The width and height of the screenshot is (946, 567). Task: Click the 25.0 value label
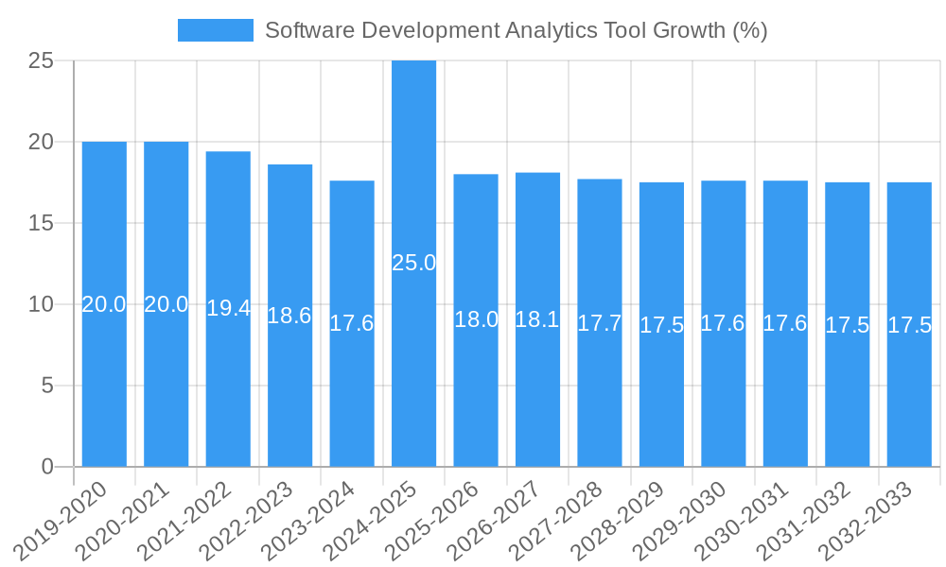(x=413, y=263)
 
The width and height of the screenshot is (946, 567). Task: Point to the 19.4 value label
(x=228, y=308)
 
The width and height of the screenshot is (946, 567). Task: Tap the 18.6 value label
(x=289, y=316)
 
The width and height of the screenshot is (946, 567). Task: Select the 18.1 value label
(x=537, y=319)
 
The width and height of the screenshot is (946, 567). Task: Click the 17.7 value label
(x=600, y=323)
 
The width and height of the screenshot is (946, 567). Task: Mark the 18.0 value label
(x=476, y=319)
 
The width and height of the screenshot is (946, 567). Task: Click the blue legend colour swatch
(x=216, y=30)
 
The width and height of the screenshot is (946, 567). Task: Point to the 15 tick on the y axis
(x=42, y=223)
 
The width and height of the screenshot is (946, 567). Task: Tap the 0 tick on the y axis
(x=48, y=467)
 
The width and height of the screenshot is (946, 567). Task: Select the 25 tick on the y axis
(x=42, y=60)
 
